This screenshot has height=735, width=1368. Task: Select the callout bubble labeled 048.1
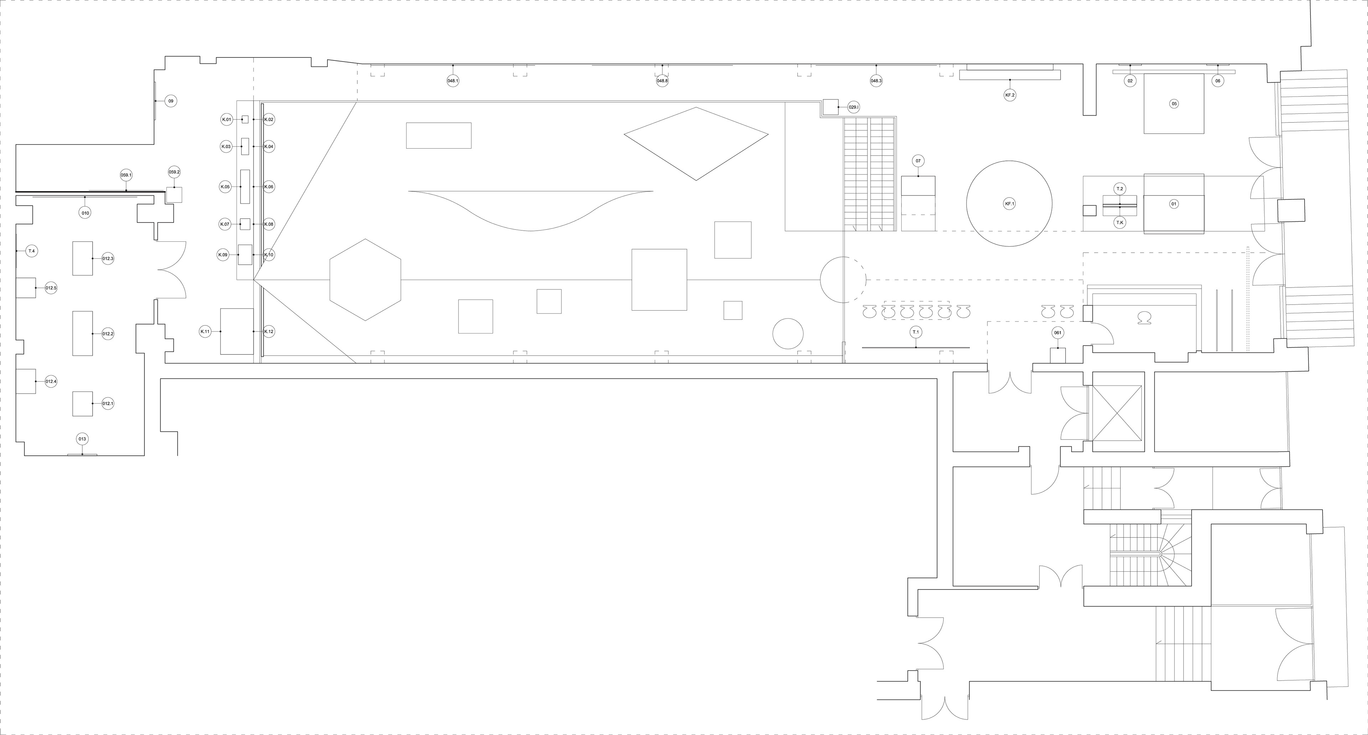pyautogui.click(x=453, y=81)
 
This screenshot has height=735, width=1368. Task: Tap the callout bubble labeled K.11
pyautogui.click(x=205, y=332)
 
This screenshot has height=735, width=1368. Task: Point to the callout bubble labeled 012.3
pyautogui.click(x=108, y=258)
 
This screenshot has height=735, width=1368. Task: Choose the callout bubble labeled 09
pyautogui.click(x=171, y=101)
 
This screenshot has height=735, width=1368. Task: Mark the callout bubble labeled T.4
pyautogui.click(x=31, y=251)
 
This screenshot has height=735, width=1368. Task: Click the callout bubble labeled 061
pyautogui.click(x=1058, y=333)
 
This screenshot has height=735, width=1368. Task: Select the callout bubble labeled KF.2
pyautogui.click(x=1010, y=95)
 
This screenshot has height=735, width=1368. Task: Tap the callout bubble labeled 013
pyautogui.click(x=82, y=439)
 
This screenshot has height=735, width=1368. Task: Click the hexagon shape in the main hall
pyautogui.click(x=366, y=280)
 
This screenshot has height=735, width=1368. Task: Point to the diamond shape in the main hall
pyautogui.click(x=696, y=144)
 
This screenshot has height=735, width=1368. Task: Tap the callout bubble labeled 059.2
pyautogui.click(x=174, y=172)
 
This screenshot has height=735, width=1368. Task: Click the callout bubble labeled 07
pyautogui.click(x=918, y=161)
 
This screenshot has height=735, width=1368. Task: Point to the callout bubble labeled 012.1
pyautogui.click(x=108, y=403)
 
